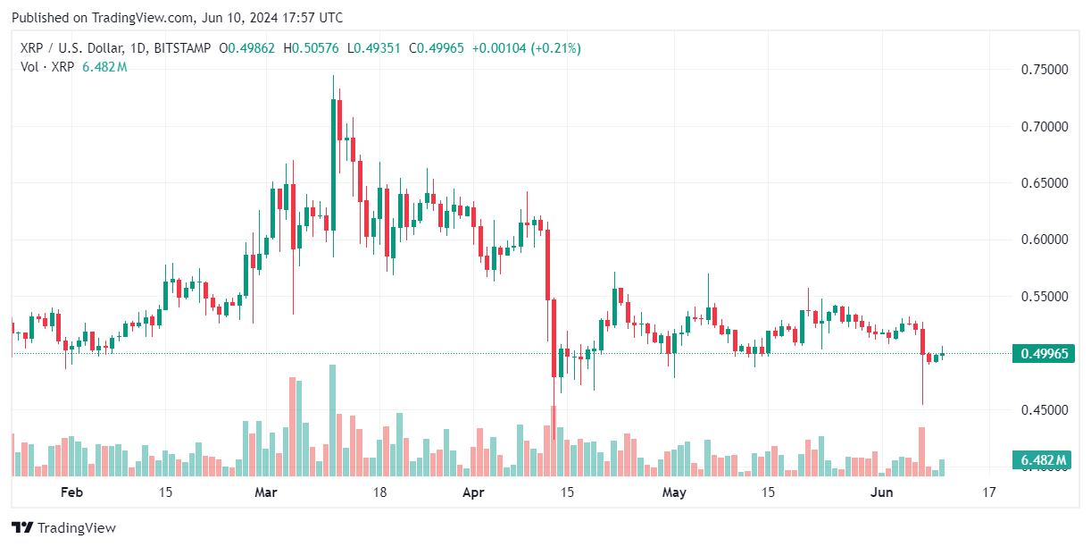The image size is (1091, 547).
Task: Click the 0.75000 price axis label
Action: pyautogui.click(x=1044, y=70)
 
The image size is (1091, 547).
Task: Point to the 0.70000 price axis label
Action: pyautogui.click(x=1044, y=126)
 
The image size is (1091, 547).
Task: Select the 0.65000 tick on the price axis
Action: pyautogui.click(x=1044, y=183)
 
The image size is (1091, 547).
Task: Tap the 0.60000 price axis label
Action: pyautogui.click(x=1044, y=240)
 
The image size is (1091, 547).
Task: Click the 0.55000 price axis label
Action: pyautogui.click(x=1044, y=296)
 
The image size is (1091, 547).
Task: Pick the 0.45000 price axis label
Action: pyautogui.click(x=1044, y=410)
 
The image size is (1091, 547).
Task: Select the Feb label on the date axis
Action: pyautogui.click(x=71, y=492)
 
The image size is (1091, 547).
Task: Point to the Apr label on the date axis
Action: pyautogui.click(x=474, y=492)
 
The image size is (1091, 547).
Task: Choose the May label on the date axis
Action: pyautogui.click(x=674, y=492)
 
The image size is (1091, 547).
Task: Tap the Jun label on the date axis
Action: pyautogui.click(x=882, y=492)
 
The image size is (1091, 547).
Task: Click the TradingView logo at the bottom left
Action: pyautogui.click(x=63, y=527)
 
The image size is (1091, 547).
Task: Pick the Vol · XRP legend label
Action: pyautogui.click(x=46, y=67)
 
